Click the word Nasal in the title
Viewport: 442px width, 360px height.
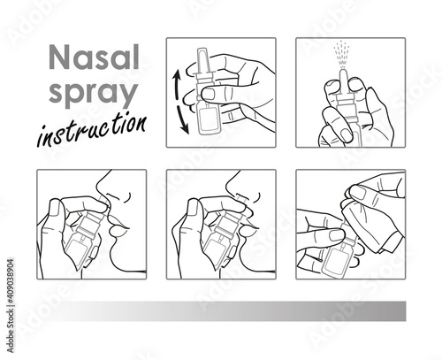(x=94, y=57)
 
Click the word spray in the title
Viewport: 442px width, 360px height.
(x=94, y=92)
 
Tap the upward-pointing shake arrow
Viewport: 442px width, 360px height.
(x=177, y=84)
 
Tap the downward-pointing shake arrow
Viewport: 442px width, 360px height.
(x=183, y=119)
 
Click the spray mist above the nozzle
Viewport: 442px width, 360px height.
(x=342, y=56)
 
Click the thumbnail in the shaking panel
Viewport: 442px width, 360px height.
(x=209, y=94)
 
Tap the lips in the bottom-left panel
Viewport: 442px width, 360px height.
(x=118, y=225)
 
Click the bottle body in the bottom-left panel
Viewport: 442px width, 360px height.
(x=78, y=249)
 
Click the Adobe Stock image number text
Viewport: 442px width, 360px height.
(x=11, y=305)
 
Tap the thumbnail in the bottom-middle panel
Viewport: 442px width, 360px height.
(x=193, y=207)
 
